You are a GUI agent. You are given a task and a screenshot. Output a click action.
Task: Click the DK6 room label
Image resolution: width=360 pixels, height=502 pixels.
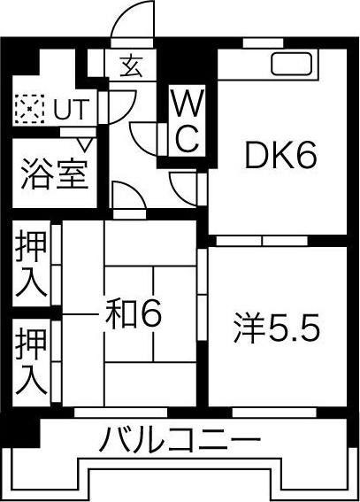(280, 156)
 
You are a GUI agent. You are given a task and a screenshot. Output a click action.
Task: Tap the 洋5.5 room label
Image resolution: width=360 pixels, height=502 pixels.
(277, 328)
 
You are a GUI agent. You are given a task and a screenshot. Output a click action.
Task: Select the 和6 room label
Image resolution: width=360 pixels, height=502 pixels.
(134, 314)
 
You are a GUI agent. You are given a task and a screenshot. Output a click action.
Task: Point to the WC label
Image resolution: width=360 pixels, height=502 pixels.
(187, 120)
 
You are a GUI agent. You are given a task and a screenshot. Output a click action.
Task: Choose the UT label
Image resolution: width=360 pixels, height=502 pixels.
(70, 109)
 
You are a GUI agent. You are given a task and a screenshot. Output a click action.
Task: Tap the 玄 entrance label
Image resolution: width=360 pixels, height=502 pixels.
(131, 66)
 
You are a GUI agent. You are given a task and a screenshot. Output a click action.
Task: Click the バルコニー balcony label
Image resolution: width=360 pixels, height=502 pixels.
(179, 439)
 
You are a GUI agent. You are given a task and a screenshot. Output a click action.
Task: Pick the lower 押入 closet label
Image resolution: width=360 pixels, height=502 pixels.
(31, 361)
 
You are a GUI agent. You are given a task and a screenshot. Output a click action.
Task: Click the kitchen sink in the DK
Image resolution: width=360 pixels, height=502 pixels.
(291, 63)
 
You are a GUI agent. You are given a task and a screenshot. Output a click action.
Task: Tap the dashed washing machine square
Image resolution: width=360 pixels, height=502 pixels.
(29, 109)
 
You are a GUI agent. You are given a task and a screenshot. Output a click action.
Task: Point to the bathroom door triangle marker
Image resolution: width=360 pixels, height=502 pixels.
(85, 143)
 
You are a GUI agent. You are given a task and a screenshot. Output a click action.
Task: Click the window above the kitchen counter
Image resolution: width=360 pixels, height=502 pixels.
(263, 42)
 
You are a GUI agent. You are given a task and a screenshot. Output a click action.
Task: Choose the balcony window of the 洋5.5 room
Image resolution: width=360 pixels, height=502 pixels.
(274, 413)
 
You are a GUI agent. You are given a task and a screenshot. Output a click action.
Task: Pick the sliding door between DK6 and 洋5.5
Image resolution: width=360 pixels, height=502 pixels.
(262, 241)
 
